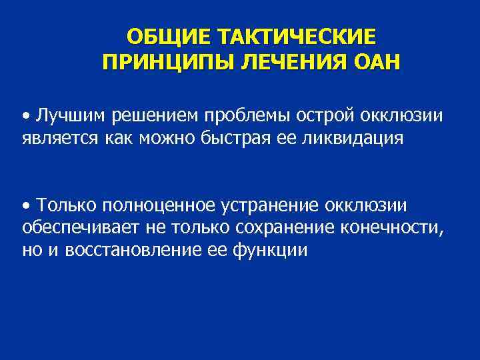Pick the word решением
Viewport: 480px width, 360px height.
150,117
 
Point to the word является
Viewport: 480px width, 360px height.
56,140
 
